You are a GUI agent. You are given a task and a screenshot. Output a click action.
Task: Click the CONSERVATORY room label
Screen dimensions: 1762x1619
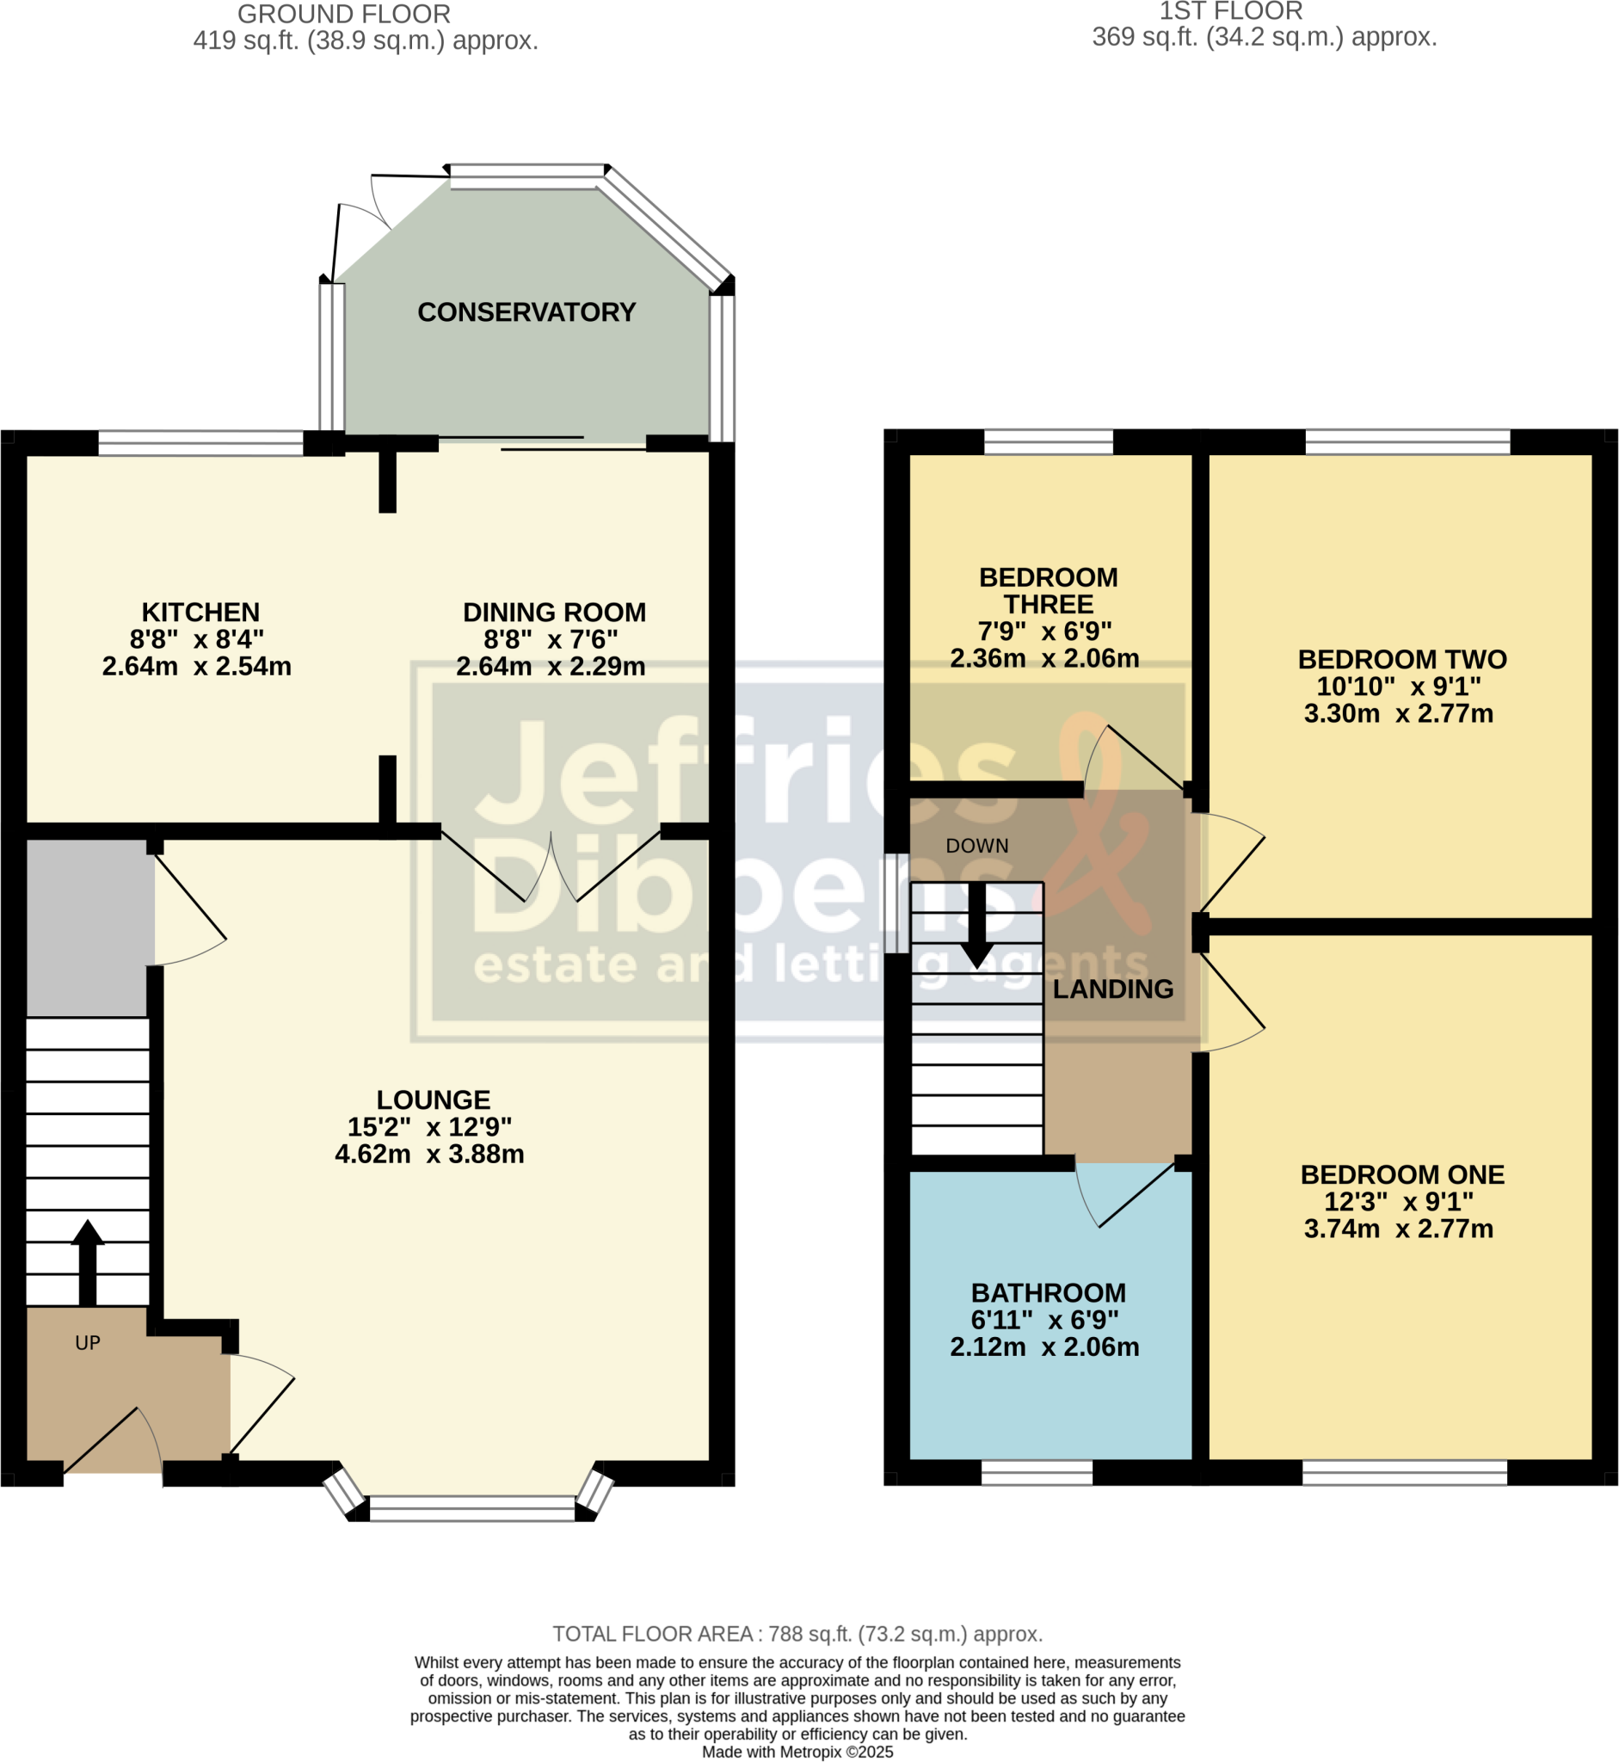click(526, 312)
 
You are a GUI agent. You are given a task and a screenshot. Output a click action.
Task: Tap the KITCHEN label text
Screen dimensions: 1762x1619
click(200, 612)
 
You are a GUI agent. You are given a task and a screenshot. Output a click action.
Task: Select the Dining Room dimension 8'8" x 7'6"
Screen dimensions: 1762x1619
click(551, 638)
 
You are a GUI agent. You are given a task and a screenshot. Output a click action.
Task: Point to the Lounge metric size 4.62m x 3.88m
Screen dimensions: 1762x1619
click(429, 1154)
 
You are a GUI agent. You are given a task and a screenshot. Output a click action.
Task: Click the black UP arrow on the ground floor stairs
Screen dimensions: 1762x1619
click(88, 1261)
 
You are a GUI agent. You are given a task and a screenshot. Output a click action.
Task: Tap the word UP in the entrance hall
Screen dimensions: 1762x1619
click(88, 1342)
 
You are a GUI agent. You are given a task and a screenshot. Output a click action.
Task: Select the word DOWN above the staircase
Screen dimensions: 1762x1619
click(977, 846)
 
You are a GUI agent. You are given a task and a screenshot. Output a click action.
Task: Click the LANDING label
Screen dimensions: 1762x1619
click(1112, 989)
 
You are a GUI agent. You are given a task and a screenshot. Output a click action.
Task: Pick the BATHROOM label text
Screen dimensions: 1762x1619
click(1048, 1292)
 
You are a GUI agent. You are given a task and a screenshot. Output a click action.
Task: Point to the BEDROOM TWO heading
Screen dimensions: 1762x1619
click(1401, 659)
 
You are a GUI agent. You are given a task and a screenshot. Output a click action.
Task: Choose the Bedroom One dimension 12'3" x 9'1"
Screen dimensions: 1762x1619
click(1398, 1201)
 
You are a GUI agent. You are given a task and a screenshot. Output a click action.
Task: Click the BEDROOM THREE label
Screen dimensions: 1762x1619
click(1048, 590)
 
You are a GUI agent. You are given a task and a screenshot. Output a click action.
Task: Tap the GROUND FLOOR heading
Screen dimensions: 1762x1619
click(343, 14)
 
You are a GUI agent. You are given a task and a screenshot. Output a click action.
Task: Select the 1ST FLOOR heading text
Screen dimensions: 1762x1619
click(1231, 11)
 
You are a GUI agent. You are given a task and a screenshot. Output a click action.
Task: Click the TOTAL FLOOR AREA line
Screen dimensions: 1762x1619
click(797, 1634)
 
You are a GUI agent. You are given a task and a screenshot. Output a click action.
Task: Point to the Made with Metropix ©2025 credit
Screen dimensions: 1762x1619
click(797, 1753)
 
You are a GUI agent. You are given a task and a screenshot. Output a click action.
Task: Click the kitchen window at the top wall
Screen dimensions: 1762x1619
click(200, 442)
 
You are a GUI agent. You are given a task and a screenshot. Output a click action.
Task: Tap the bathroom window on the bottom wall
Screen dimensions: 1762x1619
click(1037, 1473)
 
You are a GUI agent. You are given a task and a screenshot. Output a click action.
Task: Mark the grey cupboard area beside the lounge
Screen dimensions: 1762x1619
click(88, 926)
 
